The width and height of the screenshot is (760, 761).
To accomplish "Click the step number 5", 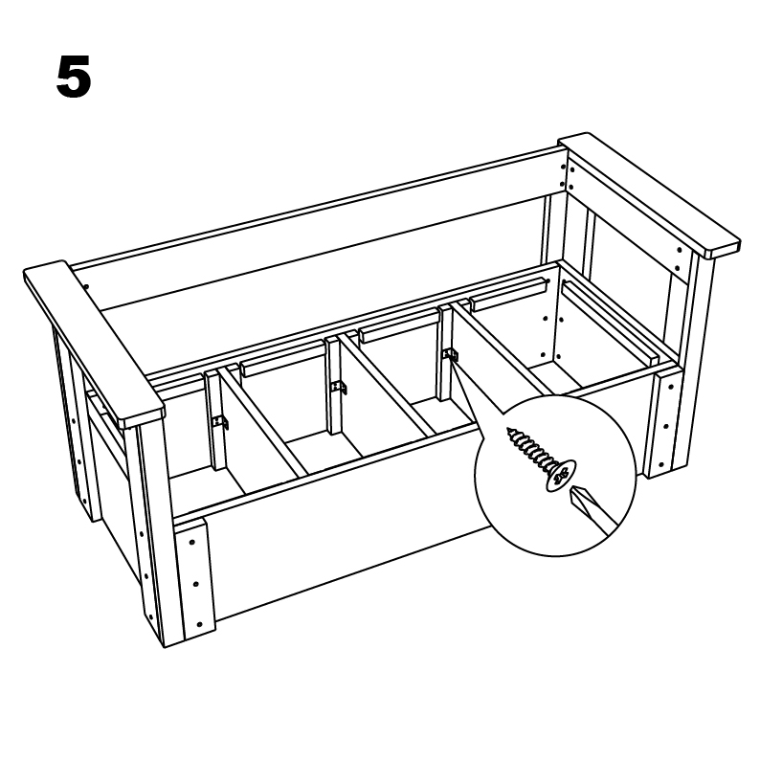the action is [x=74, y=77].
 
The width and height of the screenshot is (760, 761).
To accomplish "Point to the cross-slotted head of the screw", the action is [x=561, y=476].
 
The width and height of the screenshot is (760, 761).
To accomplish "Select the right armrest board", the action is [x=649, y=194].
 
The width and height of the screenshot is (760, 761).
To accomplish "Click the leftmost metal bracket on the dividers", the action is [x=221, y=422].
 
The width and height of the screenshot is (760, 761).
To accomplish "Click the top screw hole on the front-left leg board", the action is [x=192, y=542].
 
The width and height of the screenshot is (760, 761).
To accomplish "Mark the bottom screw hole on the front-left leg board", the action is [x=199, y=624].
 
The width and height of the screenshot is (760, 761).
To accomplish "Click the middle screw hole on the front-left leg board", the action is [x=195, y=584].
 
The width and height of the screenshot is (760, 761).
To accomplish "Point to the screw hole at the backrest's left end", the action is [x=86, y=286].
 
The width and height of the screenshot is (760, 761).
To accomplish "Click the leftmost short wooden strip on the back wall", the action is [x=281, y=361].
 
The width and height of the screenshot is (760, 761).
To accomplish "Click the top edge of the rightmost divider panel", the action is [x=502, y=348].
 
